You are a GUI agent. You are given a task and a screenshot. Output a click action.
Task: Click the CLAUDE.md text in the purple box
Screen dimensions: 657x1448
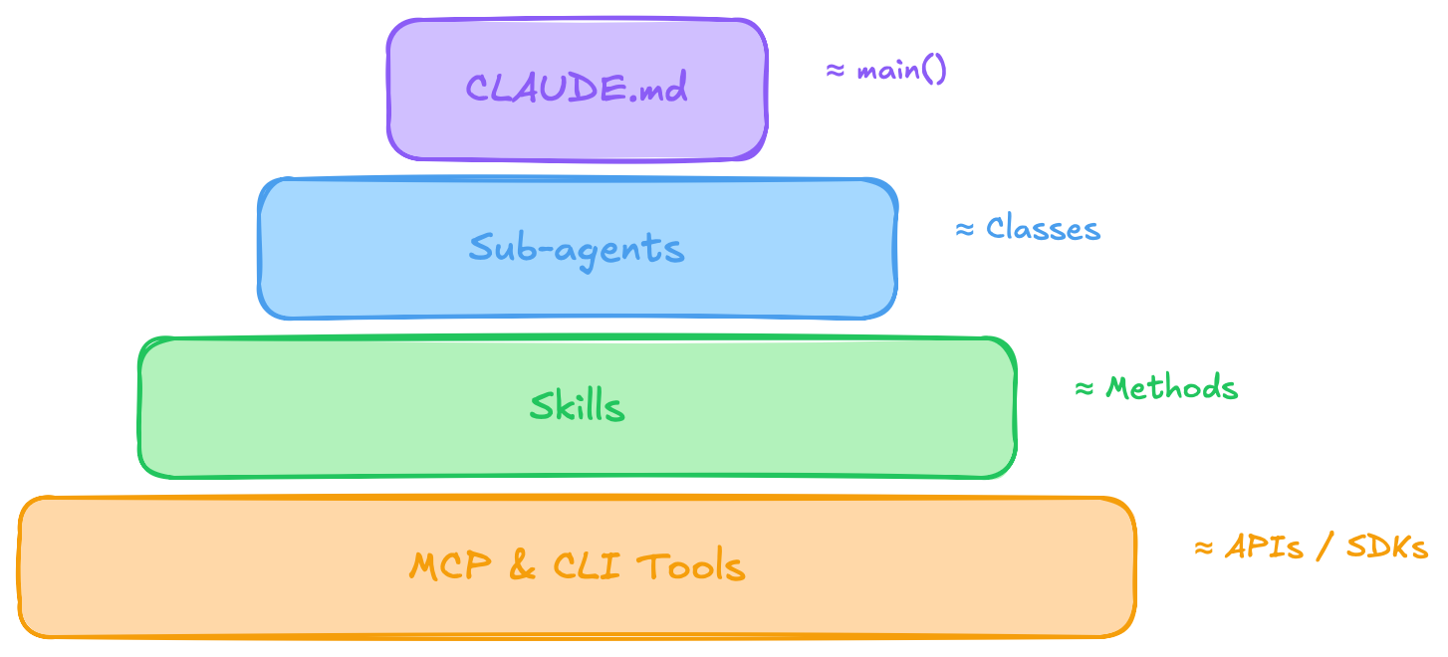(x=577, y=90)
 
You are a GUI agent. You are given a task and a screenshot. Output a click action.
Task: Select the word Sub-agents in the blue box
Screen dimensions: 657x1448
(x=577, y=249)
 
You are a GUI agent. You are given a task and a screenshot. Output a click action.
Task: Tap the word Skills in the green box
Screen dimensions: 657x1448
(x=577, y=406)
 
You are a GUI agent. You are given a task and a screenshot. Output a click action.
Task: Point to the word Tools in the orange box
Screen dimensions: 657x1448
(x=690, y=566)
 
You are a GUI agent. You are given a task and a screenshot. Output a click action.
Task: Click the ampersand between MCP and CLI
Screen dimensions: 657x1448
(x=521, y=566)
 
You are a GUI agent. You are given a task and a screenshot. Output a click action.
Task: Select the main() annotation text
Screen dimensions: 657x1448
(x=901, y=72)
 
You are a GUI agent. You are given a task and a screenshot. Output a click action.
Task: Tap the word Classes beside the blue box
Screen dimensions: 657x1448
(x=1043, y=229)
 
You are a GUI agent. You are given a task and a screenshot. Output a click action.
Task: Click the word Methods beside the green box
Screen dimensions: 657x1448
(x=1172, y=388)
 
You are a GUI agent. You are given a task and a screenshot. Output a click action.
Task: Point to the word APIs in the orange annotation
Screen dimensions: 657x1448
(x=1263, y=547)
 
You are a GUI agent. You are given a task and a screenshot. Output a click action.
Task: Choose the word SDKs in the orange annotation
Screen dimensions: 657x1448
(x=1387, y=547)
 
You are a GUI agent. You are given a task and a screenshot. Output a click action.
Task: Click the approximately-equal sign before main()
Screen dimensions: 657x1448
(x=836, y=72)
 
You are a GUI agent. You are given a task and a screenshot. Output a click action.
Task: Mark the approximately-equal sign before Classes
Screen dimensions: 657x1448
(x=964, y=230)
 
